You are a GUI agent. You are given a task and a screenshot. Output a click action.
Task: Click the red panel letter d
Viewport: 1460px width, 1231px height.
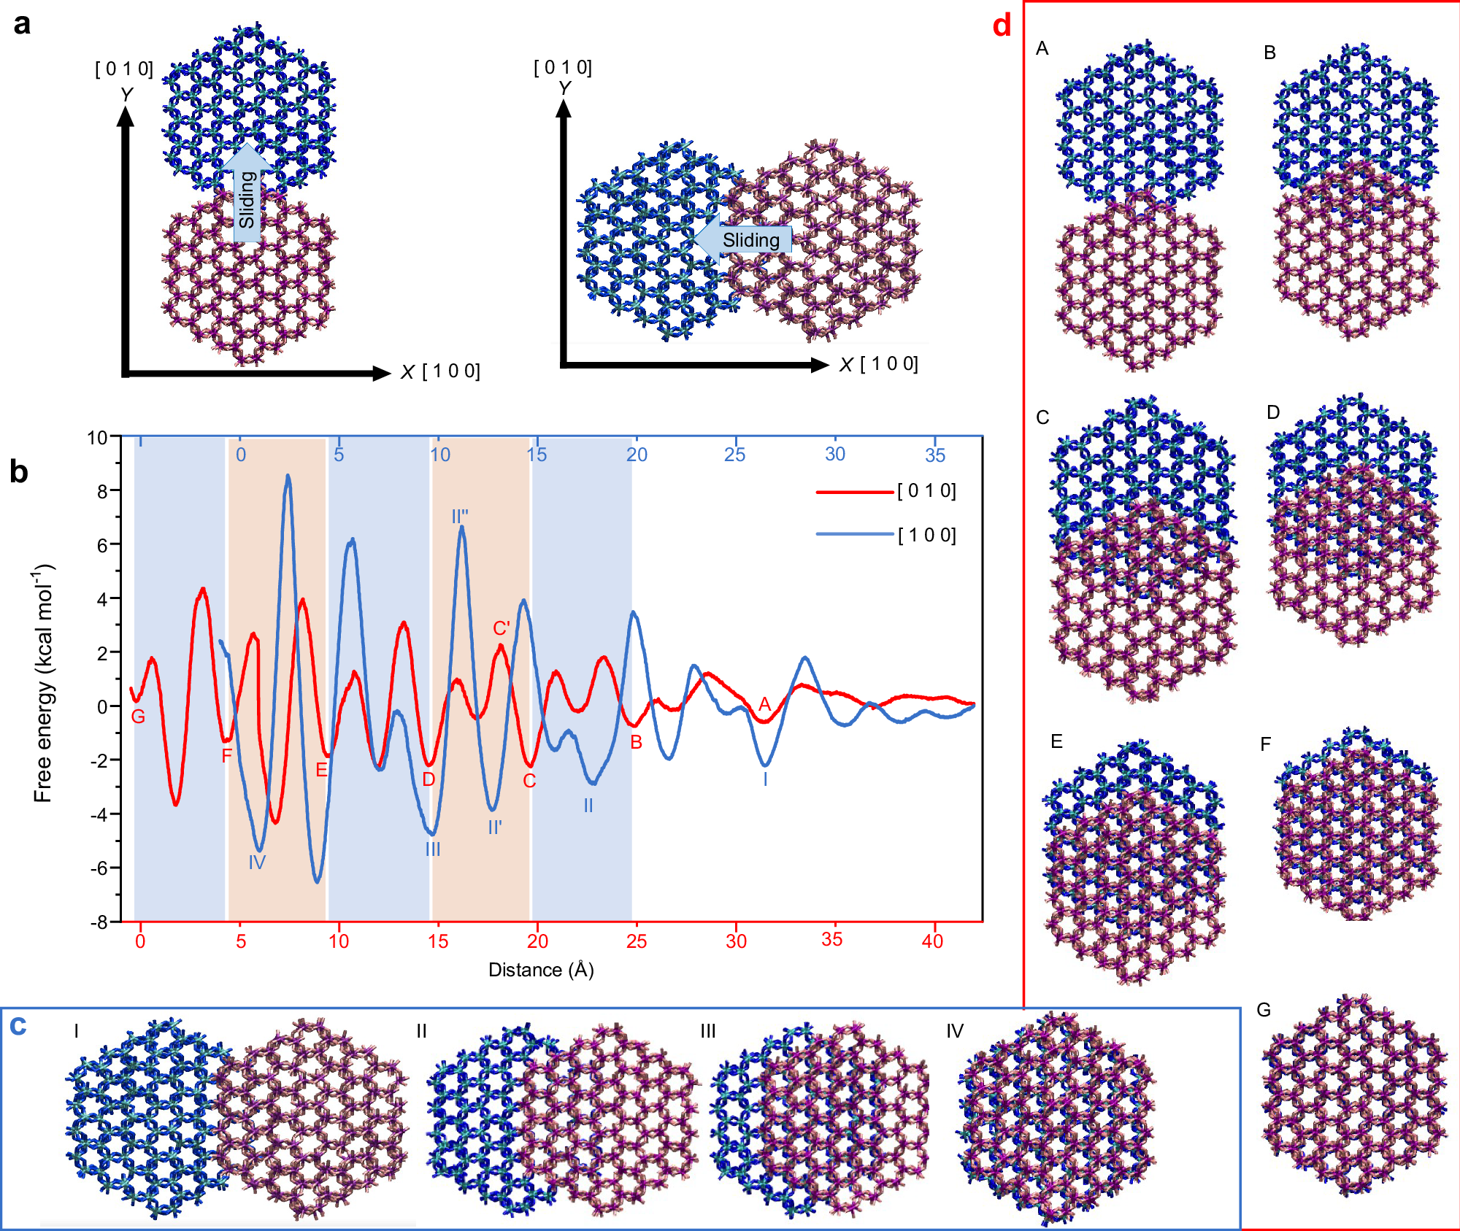pyautogui.click(x=1002, y=26)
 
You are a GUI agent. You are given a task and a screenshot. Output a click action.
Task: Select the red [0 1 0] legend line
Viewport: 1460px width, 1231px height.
pyautogui.click(x=854, y=492)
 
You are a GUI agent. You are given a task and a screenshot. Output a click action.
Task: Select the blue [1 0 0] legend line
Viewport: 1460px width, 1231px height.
pyautogui.click(x=854, y=534)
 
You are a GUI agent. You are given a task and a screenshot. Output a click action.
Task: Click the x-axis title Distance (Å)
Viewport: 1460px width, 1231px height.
pyautogui.click(x=541, y=970)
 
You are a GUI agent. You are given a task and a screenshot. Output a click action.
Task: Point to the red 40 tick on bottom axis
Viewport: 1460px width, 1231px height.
pyautogui.click(x=932, y=941)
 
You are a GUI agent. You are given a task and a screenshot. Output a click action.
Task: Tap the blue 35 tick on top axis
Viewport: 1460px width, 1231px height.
pyautogui.click(x=935, y=455)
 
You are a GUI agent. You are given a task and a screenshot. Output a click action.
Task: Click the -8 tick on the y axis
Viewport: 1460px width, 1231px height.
pyautogui.click(x=99, y=922)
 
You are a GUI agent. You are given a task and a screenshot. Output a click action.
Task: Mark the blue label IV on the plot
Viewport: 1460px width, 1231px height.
pyautogui.click(x=257, y=863)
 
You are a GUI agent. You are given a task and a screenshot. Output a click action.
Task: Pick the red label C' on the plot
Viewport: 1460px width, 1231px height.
pyautogui.click(x=502, y=628)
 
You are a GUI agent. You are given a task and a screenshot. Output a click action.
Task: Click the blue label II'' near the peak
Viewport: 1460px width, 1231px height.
pyautogui.click(x=460, y=517)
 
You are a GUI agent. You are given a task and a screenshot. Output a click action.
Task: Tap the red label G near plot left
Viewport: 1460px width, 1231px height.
pyautogui.click(x=138, y=717)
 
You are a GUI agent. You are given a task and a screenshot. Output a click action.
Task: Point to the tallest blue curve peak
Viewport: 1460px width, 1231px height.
pyautogui.click(x=288, y=476)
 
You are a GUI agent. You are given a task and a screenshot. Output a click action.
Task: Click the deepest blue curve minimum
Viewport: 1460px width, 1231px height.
pyautogui.click(x=317, y=881)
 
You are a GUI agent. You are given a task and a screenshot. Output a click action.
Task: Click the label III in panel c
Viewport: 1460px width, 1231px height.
pyautogui.click(x=708, y=1031)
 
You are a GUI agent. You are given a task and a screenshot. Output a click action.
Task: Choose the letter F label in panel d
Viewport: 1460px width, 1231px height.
pyautogui.click(x=1265, y=744)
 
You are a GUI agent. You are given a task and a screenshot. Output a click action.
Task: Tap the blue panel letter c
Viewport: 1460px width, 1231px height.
pyautogui.click(x=18, y=1026)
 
